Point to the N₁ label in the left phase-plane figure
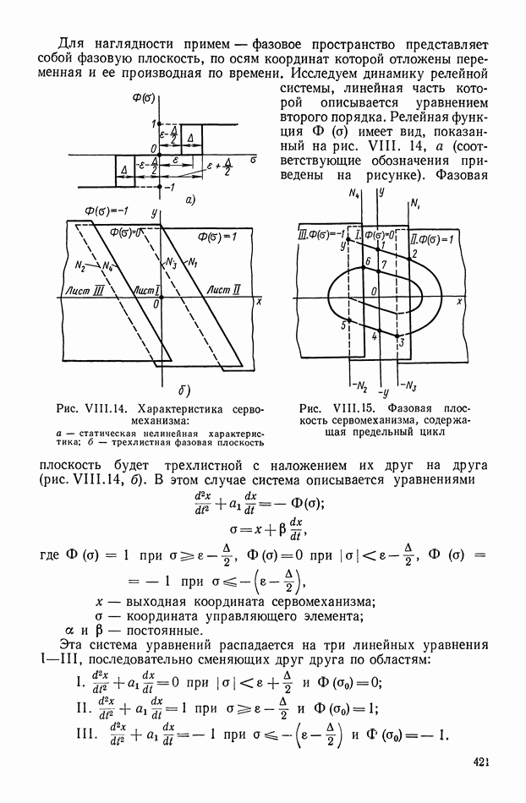click(x=192, y=261)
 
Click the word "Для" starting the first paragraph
click(x=74, y=43)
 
